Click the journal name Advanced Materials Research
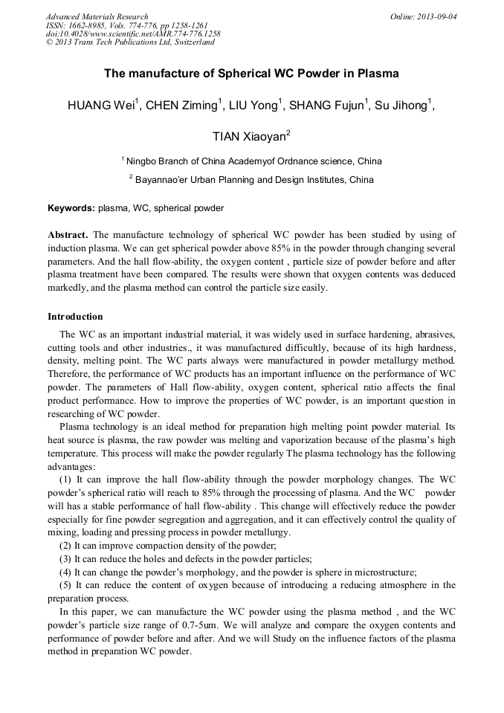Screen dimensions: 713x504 coord(97,16)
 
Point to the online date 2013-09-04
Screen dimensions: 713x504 coord(437,16)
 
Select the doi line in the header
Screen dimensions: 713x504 coord(132,34)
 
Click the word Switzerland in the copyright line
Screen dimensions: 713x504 coord(193,42)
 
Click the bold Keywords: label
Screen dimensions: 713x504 coord(71,208)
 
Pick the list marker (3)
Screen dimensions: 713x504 coord(65,558)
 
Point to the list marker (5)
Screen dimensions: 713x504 coord(65,585)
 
